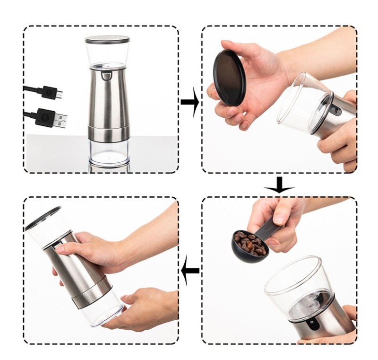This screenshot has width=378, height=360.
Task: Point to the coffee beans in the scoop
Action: [249, 243]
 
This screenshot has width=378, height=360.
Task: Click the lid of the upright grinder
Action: [108, 40]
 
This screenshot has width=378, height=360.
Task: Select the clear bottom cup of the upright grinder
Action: [109, 152]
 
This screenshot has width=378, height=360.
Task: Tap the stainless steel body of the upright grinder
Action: [108, 99]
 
